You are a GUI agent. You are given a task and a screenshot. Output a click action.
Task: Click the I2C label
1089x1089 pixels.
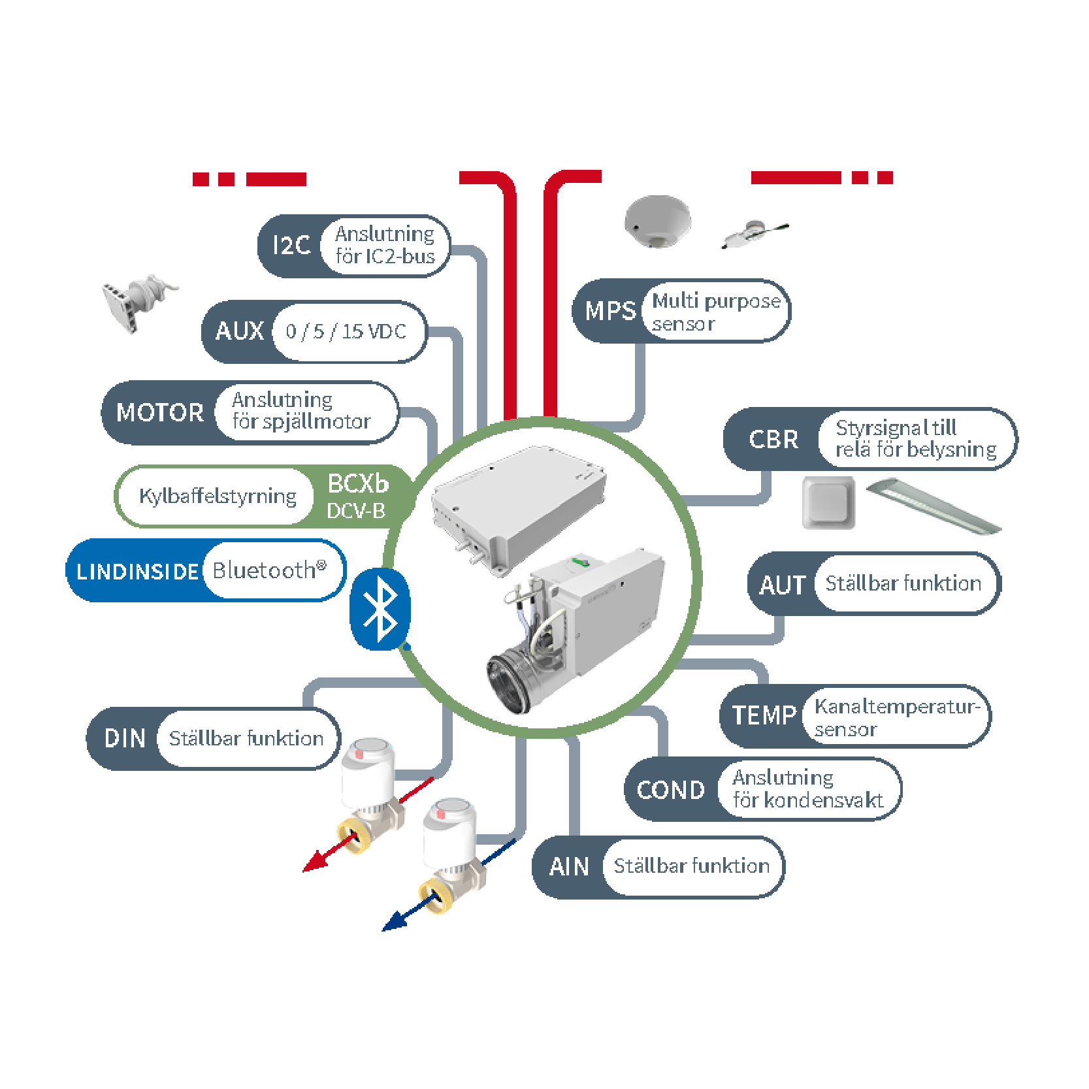pyautogui.click(x=291, y=246)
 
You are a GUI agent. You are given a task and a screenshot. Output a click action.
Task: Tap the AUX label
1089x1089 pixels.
pyautogui.click(x=240, y=331)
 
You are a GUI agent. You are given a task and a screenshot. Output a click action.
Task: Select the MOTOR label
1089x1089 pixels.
pyautogui.click(x=160, y=413)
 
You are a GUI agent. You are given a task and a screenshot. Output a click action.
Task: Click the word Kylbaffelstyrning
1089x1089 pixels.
pyautogui.click(x=218, y=496)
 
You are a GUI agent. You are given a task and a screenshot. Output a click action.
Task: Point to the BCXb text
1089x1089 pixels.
pyautogui.click(x=358, y=484)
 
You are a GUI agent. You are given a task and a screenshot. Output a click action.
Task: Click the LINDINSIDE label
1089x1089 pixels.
pyautogui.click(x=137, y=572)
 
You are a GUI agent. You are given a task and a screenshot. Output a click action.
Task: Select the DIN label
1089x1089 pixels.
pyautogui.click(x=125, y=738)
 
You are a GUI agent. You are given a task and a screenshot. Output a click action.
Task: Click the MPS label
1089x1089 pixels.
pyautogui.click(x=610, y=311)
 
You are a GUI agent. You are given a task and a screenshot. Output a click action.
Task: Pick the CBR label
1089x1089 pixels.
pyautogui.click(x=773, y=439)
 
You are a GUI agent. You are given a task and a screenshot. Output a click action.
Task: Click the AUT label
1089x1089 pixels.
pyautogui.click(x=783, y=585)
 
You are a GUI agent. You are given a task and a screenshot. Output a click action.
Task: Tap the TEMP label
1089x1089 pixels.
pyautogui.click(x=764, y=715)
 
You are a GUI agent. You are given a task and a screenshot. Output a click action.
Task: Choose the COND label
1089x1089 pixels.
pyautogui.click(x=671, y=790)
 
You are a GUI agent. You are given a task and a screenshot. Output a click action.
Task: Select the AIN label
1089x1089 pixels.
pyautogui.click(x=569, y=867)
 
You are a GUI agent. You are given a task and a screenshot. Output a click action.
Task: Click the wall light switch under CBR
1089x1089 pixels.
pyautogui.click(x=828, y=502)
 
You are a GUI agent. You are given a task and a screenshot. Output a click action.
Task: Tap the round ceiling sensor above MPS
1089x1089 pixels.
pyautogui.click(x=657, y=221)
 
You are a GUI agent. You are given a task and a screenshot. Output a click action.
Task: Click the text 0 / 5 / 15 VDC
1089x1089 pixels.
pyautogui.click(x=346, y=332)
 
